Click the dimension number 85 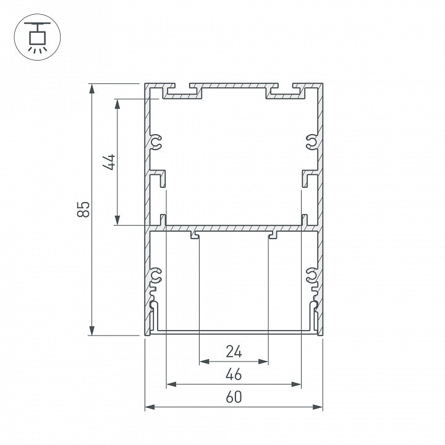tap(83, 209)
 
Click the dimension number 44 tap(109, 162)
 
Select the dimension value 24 tap(234, 352)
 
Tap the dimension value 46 tap(234, 374)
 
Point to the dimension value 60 tap(234, 397)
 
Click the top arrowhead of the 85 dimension tap(91, 88)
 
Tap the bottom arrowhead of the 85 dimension tap(91, 331)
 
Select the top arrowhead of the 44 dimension tap(117, 104)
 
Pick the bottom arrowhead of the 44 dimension tap(117, 220)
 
